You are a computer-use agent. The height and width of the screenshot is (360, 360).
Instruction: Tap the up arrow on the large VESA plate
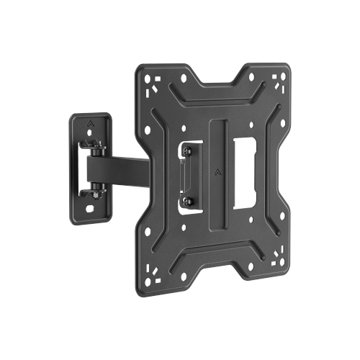(x=219, y=172)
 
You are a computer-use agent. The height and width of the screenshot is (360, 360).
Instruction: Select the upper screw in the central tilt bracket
(x=187, y=152)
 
